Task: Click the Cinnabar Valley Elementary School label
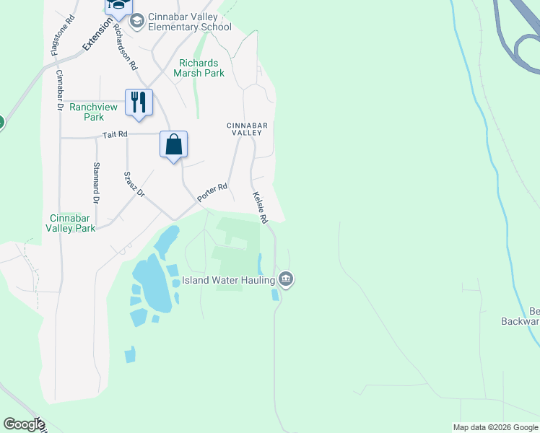189,22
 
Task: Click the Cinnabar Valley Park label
70,223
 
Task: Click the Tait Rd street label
115,134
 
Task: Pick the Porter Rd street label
213,192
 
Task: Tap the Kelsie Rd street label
260,207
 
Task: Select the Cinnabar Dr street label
60,89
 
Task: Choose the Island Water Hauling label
227,280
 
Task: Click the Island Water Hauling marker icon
286,279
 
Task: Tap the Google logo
24,424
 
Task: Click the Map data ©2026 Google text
495,427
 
